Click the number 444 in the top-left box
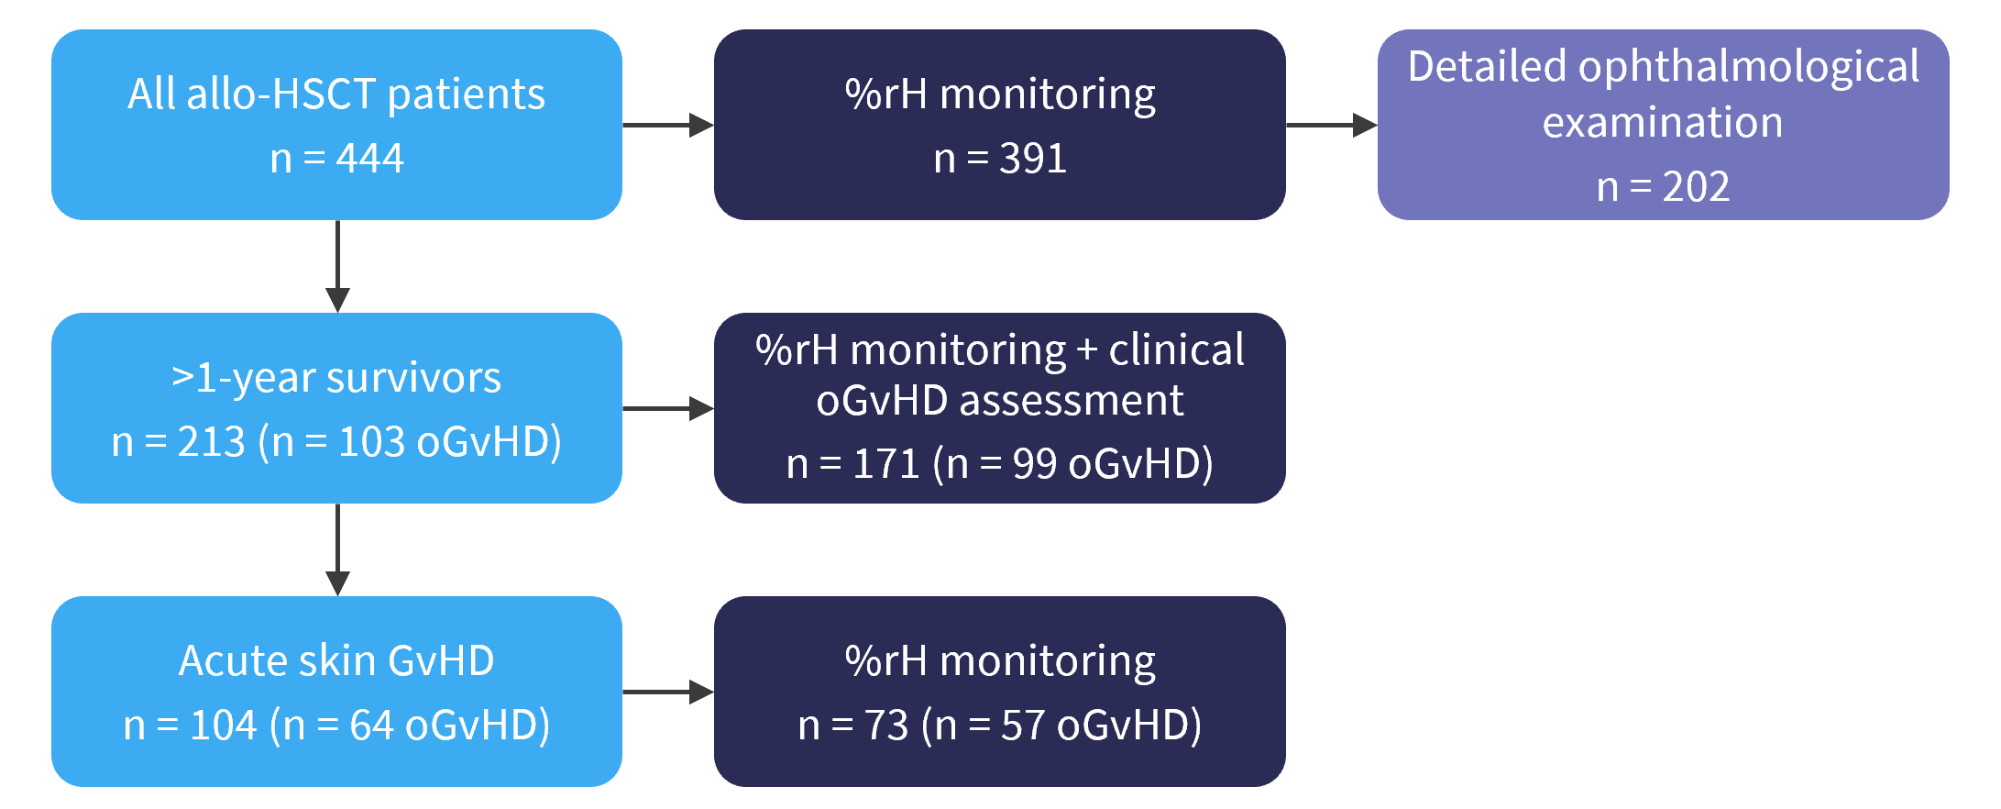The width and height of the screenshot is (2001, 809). click(369, 159)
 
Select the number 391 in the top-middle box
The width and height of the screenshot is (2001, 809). click(1033, 159)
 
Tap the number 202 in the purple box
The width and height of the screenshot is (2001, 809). click(1696, 187)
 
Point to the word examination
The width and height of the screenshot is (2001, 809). click(1663, 122)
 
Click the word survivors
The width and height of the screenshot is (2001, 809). click(413, 377)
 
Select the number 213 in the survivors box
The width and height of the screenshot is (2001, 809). click(212, 442)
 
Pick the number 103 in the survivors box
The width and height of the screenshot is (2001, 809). click(372, 442)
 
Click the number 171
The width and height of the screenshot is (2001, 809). click(886, 464)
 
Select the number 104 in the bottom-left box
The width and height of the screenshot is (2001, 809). click(224, 726)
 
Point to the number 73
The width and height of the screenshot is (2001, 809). click(886, 726)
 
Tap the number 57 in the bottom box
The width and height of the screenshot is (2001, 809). click(1023, 726)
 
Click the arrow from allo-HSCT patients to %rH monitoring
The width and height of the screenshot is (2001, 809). click(668, 125)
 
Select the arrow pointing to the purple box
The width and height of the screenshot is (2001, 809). click(1332, 125)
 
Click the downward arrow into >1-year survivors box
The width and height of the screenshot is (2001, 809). click(337, 266)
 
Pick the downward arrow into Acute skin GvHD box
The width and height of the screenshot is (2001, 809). click(337, 549)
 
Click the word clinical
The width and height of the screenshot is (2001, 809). click(1177, 349)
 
